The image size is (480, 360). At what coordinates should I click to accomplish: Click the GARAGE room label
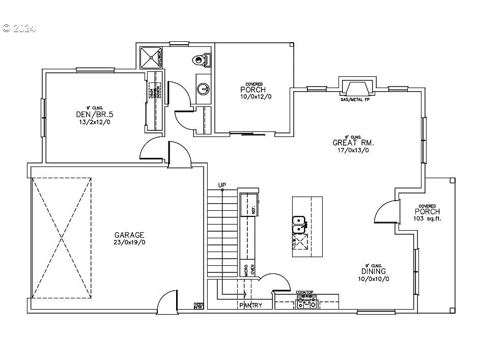click(x=129, y=235)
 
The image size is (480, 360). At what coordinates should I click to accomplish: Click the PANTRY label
click(x=250, y=305)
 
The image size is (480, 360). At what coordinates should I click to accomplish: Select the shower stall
click(x=151, y=58)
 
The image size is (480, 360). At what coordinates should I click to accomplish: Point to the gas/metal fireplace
click(x=358, y=89)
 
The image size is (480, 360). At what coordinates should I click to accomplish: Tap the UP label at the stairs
click(x=222, y=185)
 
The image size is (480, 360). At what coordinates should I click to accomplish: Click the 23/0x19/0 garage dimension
click(x=129, y=242)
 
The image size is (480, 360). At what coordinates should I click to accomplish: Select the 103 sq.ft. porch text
click(x=427, y=218)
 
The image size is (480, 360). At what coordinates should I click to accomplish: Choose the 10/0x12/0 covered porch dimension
click(x=253, y=97)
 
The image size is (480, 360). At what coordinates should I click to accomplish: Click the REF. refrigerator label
click(x=253, y=209)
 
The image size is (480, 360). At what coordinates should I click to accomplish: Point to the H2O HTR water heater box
click(x=199, y=306)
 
